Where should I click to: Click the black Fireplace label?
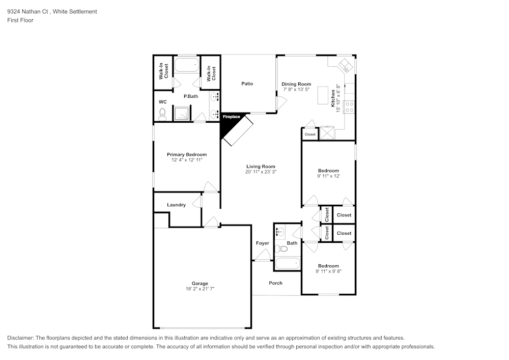pyautogui.click(x=231, y=117)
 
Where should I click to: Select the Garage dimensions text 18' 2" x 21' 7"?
pyautogui.click(x=200, y=289)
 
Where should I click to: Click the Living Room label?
pyautogui.click(x=261, y=167)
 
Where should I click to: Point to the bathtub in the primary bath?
pyautogui.click(x=186, y=65)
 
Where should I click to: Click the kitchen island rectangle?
pyautogui.click(x=323, y=95)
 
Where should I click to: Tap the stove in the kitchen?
pyautogui.click(x=350, y=107)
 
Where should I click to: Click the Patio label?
pyautogui.click(x=247, y=84)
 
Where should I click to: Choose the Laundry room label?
pyautogui.click(x=176, y=205)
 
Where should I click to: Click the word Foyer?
pyautogui.click(x=262, y=243)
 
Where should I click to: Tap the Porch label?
pyautogui.click(x=275, y=283)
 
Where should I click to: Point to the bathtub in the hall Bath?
pyautogui.click(x=287, y=264)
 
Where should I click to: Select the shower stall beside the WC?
pyautogui.click(x=182, y=114)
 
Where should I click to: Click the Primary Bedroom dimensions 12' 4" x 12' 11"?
pyautogui.click(x=187, y=160)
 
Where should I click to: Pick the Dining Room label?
pyautogui.click(x=296, y=84)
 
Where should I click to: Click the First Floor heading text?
pyautogui.click(x=20, y=20)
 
